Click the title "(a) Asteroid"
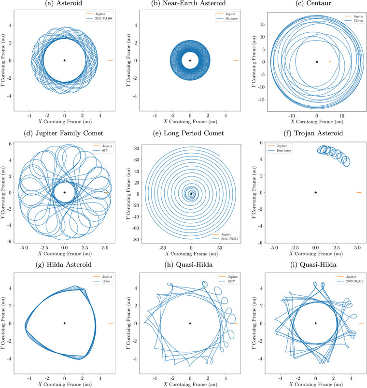coord(64,3)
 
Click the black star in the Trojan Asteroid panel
coord(315,192)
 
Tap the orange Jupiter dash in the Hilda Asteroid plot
coord(110,323)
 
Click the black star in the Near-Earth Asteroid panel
coord(190,60)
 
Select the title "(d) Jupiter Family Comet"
coord(64,134)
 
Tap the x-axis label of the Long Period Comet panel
coord(190,254)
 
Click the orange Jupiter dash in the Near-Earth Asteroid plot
coord(236,60)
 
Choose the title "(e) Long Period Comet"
coord(190,134)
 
